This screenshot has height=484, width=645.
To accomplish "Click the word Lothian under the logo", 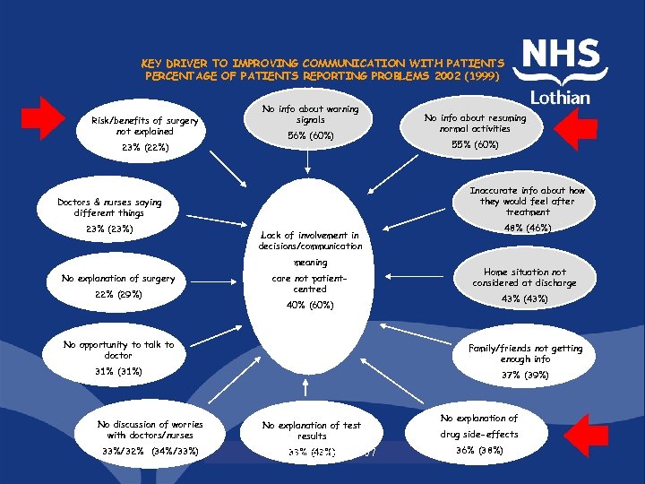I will click(561, 97).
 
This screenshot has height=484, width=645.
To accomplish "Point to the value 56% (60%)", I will click(310, 135).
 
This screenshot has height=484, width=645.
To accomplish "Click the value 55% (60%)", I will click(475, 143).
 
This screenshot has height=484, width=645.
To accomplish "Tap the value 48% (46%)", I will click(527, 228).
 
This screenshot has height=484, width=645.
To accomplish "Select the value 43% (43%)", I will click(525, 298).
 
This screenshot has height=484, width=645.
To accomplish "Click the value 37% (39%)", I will click(525, 375).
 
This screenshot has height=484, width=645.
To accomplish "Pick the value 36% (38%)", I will click(479, 450).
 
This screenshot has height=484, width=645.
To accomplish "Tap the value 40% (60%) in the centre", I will click(310, 305).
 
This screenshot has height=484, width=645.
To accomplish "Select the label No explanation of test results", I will click(312, 430).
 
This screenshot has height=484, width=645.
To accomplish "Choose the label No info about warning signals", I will click(310, 114).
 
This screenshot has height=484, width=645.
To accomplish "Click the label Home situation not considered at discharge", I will click(525, 277).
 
